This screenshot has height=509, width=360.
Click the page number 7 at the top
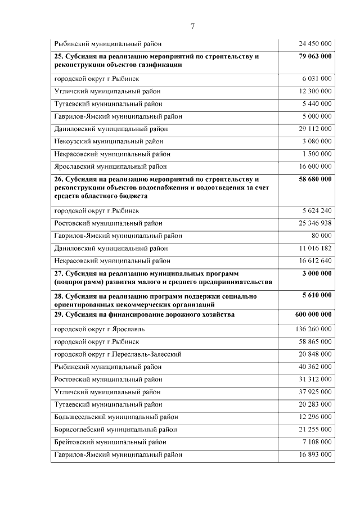pyautogui.click(x=192, y=26)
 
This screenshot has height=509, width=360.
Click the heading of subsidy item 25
pyautogui.click(x=156, y=61)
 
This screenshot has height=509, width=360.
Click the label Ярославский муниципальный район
pyautogui.click(x=110, y=166)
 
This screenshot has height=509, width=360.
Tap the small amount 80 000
pyautogui.click(x=322, y=236)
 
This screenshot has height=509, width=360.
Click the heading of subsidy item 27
pyautogui.click(x=163, y=277)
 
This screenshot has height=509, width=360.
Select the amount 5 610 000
pyautogui.click(x=317, y=295)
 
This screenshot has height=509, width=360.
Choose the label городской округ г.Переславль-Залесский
pyautogui.click(x=118, y=354)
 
